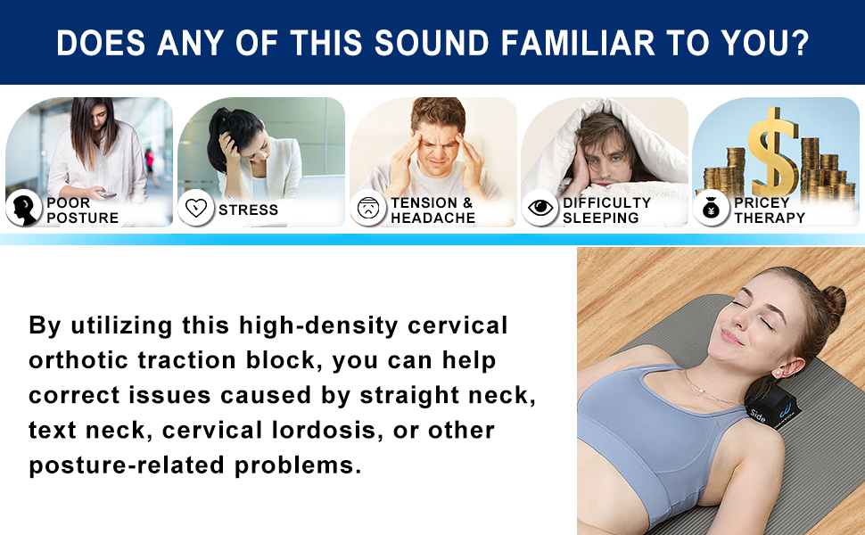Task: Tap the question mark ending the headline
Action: [799, 42]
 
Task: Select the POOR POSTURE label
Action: [82, 210]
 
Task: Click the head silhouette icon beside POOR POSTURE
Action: [23, 208]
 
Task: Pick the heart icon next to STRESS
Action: [195, 209]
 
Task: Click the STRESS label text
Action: [248, 210]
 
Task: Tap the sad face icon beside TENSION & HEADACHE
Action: [367, 209]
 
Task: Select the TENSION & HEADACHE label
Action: [432, 210]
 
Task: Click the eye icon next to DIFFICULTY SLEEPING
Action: [540, 208]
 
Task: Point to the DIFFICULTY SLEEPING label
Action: [606, 210]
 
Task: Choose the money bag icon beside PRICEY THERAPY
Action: [711, 209]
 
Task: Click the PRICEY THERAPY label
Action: [769, 210]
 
